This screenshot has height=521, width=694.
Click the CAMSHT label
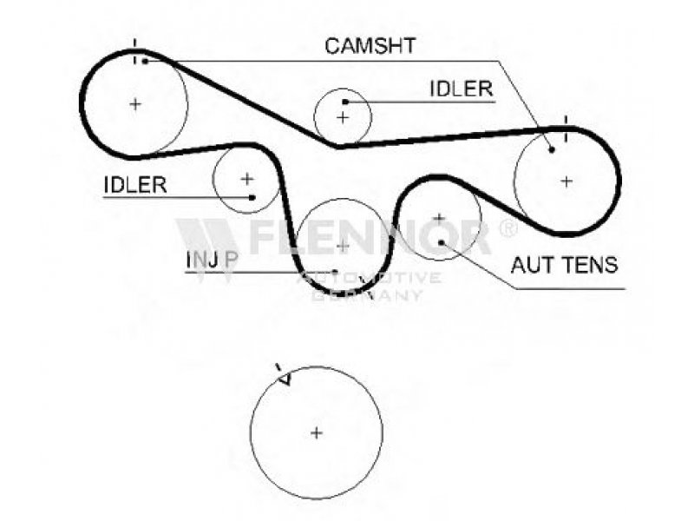(x=370, y=46)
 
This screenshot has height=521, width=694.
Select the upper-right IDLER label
(x=461, y=89)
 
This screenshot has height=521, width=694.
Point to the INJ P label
(x=212, y=260)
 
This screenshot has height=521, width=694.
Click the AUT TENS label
(x=564, y=265)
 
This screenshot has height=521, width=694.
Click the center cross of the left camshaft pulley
(x=135, y=103)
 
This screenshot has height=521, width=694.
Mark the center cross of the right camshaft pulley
(x=566, y=181)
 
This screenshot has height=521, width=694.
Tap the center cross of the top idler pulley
(x=343, y=116)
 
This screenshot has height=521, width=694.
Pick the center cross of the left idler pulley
(x=247, y=178)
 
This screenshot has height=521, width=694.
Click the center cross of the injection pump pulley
(x=343, y=246)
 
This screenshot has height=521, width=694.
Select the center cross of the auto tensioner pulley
(x=439, y=217)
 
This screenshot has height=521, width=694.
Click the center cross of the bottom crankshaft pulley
(x=317, y=432)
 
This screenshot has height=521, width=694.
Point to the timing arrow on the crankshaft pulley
(x=284, y=377)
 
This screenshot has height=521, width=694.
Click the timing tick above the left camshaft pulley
(x=135, y=47)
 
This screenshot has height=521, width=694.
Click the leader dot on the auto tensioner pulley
(x=442, y=242)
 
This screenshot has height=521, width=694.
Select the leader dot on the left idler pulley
(x=252, y=197)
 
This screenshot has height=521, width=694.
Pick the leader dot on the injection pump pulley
(x=335, y=272)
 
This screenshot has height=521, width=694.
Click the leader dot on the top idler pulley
(x=345, y=102)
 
